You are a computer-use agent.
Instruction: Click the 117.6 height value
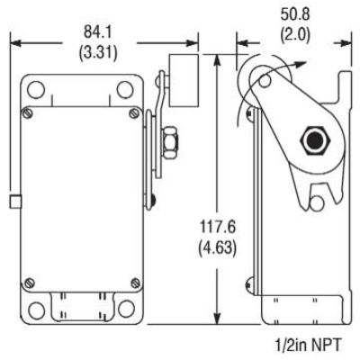coord(220,229)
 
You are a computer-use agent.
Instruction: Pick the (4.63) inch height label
coord(220,247)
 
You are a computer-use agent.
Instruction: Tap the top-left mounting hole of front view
coord(35,90)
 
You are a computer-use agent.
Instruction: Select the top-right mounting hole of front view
coord(121,90)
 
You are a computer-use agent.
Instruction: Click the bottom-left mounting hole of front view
coord(35,310)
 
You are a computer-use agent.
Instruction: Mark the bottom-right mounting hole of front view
coord(121,310)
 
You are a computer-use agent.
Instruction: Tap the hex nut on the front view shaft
coord(166,140)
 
